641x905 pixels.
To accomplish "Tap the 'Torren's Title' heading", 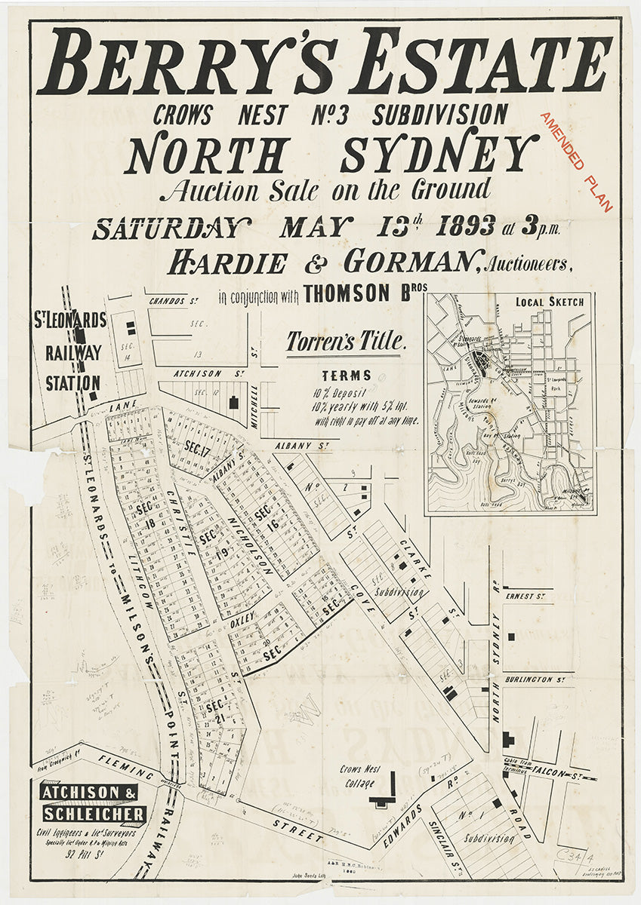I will click(346, 342).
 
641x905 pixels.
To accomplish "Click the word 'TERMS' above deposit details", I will click(347, 375).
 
